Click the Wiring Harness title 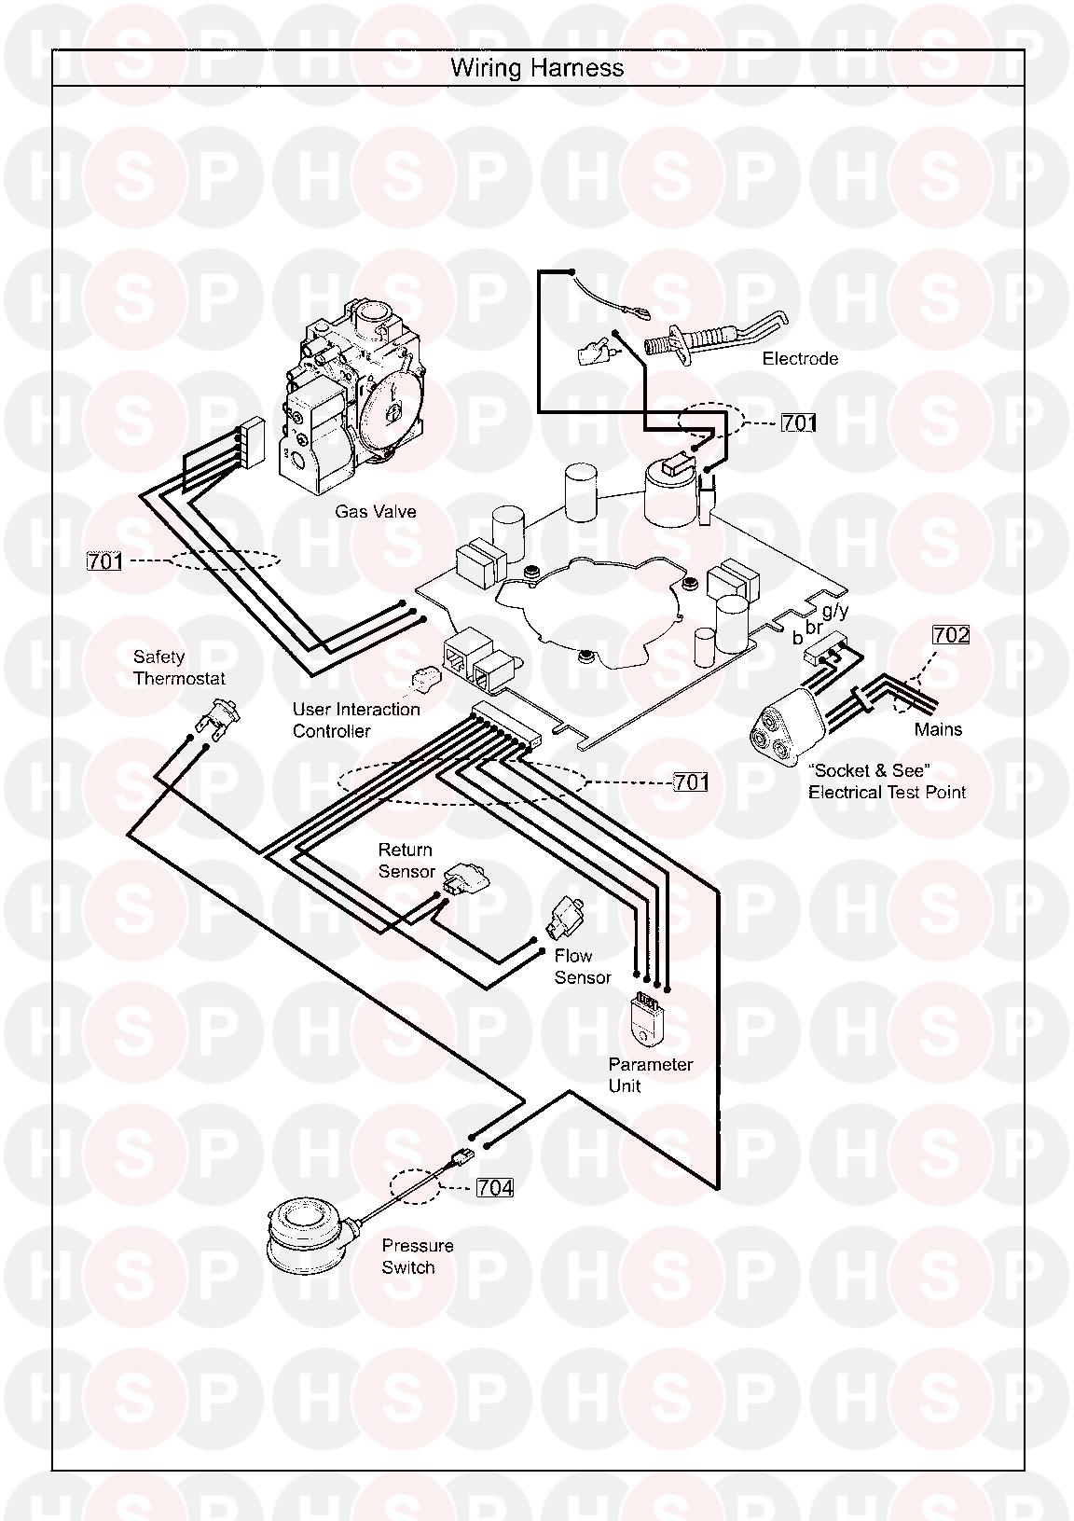[537, 68]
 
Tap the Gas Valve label [376, 512]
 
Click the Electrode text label [800, 359]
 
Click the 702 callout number [950, 635]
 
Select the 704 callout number [494, 1187]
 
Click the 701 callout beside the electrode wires [798, 422]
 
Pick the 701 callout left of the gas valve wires [104, 561]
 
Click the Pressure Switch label [417, 1256]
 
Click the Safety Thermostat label [179, 668]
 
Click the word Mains [938, 729]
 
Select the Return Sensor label [406, 861]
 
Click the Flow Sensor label [582, 966]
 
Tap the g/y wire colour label [835, 611]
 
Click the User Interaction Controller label [356, 720]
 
